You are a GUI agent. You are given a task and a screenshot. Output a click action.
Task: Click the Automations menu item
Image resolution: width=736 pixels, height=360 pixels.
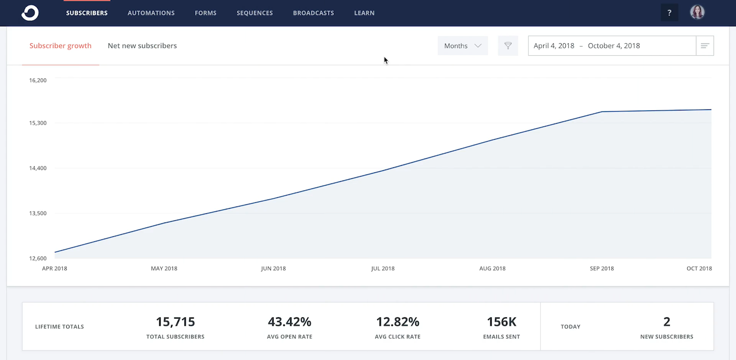(151, 13)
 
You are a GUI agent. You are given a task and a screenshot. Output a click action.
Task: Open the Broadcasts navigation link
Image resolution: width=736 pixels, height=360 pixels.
(313, 13)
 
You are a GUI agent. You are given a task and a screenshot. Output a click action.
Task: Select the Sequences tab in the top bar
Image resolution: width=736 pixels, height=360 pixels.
(254, 13)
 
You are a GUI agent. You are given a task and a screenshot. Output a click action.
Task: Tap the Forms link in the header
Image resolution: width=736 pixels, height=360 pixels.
(205, 13)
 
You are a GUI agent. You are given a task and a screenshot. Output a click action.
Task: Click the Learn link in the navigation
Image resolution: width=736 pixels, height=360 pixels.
(364, 13)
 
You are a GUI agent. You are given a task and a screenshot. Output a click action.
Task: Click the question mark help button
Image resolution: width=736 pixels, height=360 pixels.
(669, 13)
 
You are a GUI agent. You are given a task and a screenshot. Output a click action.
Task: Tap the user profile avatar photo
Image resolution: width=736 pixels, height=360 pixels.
(697, 12)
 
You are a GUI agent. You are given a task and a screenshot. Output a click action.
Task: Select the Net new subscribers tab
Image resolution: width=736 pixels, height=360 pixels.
(142, 46)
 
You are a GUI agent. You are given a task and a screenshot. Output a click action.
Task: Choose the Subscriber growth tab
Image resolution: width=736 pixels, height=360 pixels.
(60, 46)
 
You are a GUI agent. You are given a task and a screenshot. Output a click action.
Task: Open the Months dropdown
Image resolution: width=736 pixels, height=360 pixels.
(462, 46)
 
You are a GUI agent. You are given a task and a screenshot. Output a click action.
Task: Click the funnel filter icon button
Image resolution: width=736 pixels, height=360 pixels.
(508, 46)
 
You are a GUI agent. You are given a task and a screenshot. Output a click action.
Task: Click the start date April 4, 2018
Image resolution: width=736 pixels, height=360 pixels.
(554, 46)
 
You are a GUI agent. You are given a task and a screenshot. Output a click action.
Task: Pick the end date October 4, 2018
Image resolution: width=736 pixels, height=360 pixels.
(614, 46)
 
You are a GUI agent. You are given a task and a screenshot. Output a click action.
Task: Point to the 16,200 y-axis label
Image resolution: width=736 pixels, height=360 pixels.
(38, 80)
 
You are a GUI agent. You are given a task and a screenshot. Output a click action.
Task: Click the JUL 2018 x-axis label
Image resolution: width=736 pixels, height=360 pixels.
(383, 269)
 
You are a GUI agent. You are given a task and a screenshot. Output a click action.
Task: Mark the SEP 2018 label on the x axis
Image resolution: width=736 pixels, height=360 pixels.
(602, 269)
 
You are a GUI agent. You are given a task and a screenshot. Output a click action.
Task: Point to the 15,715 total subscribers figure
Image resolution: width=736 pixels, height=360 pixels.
(175, 322)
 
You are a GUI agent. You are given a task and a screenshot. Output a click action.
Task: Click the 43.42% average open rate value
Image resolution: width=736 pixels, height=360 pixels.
(289, 322)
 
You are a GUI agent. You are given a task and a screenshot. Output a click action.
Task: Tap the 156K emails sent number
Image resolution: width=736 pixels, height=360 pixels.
(501, 322)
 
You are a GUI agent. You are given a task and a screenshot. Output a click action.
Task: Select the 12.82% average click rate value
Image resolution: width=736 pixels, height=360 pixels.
(397, 322)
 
